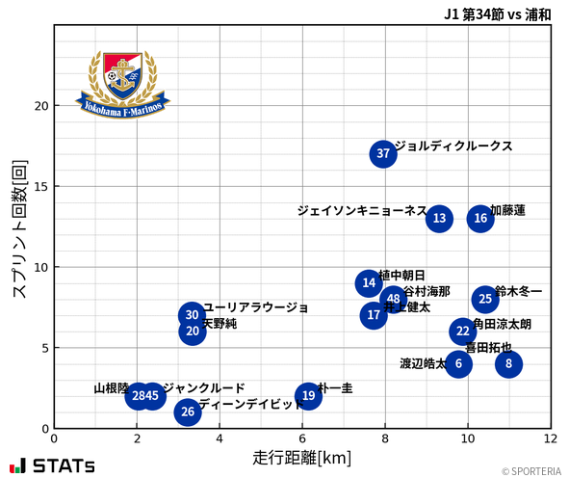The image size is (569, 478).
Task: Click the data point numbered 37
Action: pyautogui.click(x=383, y=154)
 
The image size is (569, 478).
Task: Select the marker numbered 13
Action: pyautogui.click(x=439, y=219)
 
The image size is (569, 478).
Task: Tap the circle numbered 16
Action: pyautogui.click(x=480, y=219)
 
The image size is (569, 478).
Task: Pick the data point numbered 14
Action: pyautogui.click(x=369, y=283)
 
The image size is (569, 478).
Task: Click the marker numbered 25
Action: pyautogui.click(x=485, y=300)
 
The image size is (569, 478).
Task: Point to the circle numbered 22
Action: pyautogui.click(x=463, y=332)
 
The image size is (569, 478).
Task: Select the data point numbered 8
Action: pyautogui.click(x=509, y=364)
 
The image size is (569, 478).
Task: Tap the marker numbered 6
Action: pyautogui.click(x=458, y=364)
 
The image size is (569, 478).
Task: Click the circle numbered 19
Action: pyautogui.click(x=308, y=396)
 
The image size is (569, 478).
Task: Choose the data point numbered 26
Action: pyautogui.click(x=188, y=412)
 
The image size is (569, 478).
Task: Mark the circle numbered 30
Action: pyautogui.click(x=192, y=315)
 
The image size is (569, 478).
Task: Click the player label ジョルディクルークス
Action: pyautogui.click(x=453, y=146)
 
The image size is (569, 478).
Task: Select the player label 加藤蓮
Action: pyautogui.click(x=507, y=210)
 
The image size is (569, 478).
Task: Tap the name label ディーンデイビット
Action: pyautogui.click(x=250, y=405)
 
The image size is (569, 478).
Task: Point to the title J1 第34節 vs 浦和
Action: pyautogui.click(x=497, y=13)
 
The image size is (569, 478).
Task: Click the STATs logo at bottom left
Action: pyautogui.click(x=54, y=465)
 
